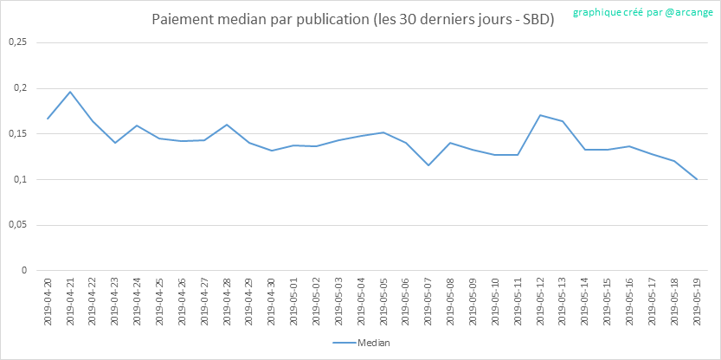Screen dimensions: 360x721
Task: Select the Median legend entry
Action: [x=362, y=344]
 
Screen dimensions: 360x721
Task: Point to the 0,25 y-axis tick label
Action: [x=17, y=42]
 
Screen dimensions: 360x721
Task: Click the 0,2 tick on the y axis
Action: [x=21, y=88]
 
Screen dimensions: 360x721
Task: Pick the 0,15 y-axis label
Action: [x=17, y=134]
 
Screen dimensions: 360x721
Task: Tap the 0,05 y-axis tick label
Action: [x=17, y=225]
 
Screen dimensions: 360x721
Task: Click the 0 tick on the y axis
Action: [x=25, y=270]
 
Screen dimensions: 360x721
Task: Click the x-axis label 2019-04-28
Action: [x=227, y=301]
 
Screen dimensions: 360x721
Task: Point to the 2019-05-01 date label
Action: [x=294, y=301]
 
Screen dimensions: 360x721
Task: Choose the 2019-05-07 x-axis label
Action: [x=428, y=301]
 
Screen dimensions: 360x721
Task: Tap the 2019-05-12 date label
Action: [x=541, y=301]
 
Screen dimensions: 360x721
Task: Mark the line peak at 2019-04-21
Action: [x=70, y=92]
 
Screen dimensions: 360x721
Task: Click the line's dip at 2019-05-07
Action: [x=428, y=165]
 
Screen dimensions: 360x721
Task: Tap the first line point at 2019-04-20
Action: [x=48, y=119]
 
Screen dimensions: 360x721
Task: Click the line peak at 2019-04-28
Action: [x=227, y=125]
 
